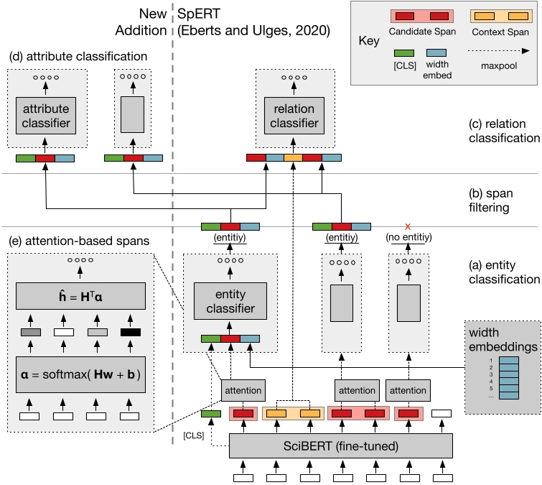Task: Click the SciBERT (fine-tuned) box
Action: tap(340, 445)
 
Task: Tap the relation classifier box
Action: tap(294, 115)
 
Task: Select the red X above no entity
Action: tap(407, 226)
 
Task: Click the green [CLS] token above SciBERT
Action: tap(211, 414)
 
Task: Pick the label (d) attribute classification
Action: tap(78, 56)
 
